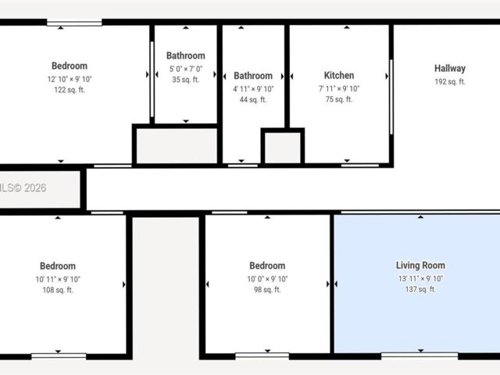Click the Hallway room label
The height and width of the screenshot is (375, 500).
[x=450, y=69]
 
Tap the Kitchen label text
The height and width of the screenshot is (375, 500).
[x=339, y=75]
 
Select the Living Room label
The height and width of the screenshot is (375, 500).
[x=420, y=266]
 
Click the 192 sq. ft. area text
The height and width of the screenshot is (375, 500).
[x=450, y=82]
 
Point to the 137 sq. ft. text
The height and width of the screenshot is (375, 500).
[x=420, y=289]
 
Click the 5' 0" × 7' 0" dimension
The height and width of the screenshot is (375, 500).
[x=186, y=69]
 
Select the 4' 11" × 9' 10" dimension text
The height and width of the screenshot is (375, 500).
[x=253, y=89]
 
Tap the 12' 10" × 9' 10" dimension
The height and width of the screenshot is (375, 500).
[x=70, y=79]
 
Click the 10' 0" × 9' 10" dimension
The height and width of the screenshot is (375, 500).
[x=267, y=279]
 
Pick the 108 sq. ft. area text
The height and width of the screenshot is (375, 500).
[x=58, y=290]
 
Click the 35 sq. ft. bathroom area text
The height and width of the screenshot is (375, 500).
[x=186, y=80]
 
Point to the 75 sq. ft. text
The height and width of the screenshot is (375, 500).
[x=339, y=99]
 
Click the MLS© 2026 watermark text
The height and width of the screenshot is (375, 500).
[x=23, y=187]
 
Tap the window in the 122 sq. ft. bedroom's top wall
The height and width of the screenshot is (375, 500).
[x=74, y=23]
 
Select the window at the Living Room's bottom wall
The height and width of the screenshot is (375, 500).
[x=420, y=355]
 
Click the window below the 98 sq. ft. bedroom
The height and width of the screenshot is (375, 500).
[x=262, y=355]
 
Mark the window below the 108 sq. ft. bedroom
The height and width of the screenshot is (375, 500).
[x=59, y=356]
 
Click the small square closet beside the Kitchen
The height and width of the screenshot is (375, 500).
[x=283, y=147]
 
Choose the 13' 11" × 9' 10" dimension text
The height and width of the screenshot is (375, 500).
[x=420, y=279]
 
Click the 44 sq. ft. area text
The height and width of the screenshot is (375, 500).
[x=253, y=100]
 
